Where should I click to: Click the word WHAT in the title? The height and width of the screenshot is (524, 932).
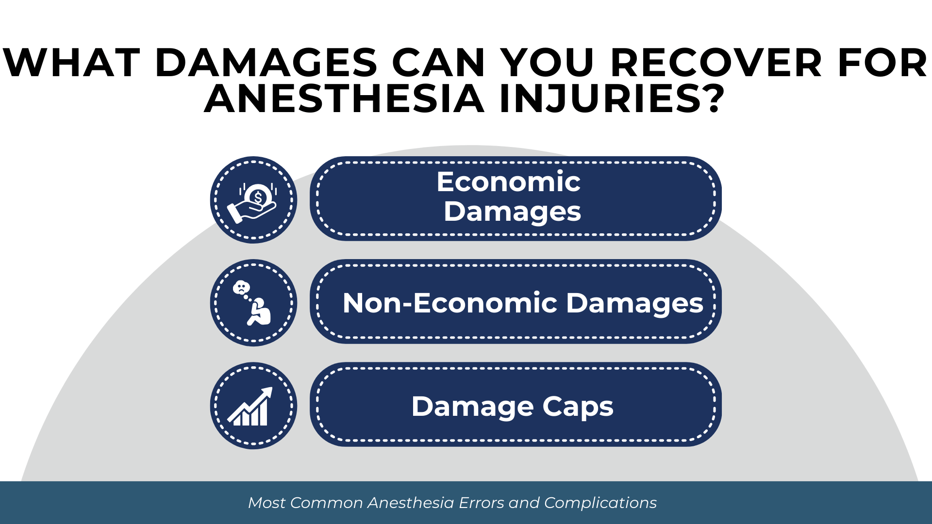coord(71,63)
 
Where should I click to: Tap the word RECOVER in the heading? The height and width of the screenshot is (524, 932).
coord(716,63)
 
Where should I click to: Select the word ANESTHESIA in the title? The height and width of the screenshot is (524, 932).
coord(344,99)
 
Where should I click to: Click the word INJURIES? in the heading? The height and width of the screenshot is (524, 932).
coord(612,99)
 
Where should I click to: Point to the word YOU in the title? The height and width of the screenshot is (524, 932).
coord(548,63)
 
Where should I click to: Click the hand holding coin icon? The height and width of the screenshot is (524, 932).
coord(252,203)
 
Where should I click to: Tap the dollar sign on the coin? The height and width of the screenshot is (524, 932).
coord(258,198)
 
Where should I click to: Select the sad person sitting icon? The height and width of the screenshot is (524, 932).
coord(259,311)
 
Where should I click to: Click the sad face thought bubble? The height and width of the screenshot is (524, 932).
coord(241,288)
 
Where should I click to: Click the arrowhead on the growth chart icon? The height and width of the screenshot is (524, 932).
coord(267,393)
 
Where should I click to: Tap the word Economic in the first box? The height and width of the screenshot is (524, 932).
coord(508,181)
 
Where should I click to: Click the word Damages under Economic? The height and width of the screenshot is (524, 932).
coord(512,212)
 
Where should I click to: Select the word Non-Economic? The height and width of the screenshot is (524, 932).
coord(450,303)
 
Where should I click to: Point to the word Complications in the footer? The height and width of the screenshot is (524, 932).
coord(600,503)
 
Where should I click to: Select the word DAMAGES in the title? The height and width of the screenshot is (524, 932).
coord(266,63)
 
